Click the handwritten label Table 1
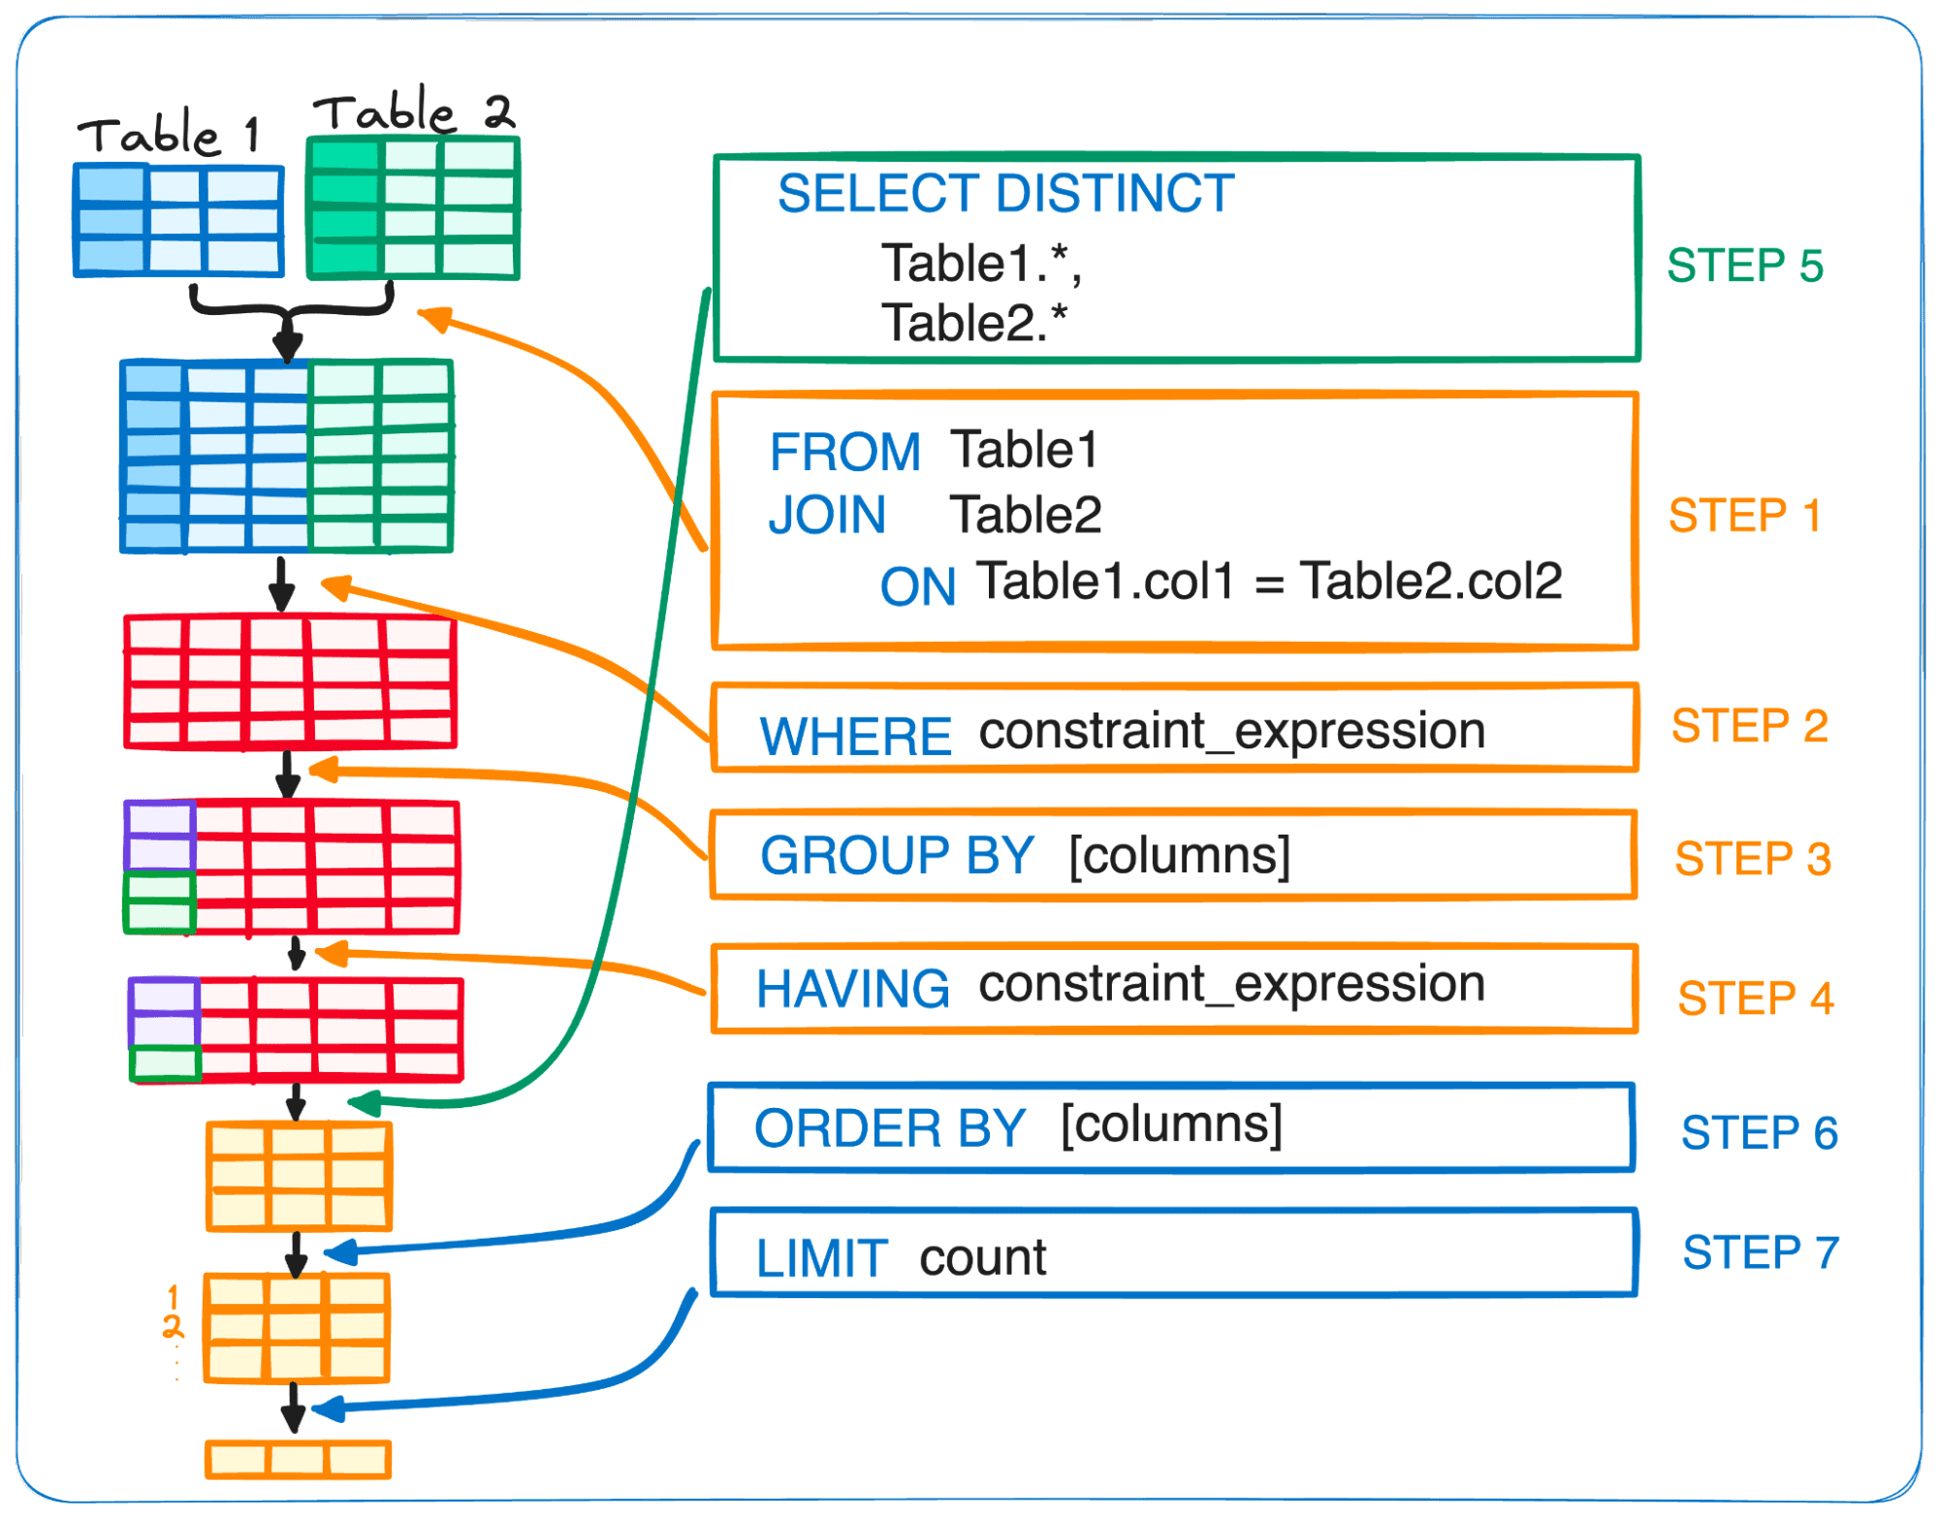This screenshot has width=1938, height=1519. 170,134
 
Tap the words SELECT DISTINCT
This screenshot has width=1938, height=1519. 1005,193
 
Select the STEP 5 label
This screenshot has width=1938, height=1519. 1744,266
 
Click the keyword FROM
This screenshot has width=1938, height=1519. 844,452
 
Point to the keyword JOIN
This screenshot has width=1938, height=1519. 827,515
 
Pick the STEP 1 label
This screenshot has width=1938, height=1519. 1744,516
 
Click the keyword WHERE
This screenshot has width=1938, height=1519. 855,736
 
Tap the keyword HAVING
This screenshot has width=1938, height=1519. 852,989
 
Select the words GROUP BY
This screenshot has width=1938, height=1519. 897,855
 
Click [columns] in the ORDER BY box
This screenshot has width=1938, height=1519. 1171,1124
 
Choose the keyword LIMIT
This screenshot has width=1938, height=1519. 821,1258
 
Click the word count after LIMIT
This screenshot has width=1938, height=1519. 982,1257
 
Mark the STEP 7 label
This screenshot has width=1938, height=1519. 1760,1252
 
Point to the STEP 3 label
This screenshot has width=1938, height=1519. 1752,859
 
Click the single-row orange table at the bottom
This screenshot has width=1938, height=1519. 298,1459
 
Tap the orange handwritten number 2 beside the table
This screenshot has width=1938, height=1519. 173,1327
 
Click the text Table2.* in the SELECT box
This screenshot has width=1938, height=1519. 973,323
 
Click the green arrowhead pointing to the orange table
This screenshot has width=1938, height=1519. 365,1103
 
